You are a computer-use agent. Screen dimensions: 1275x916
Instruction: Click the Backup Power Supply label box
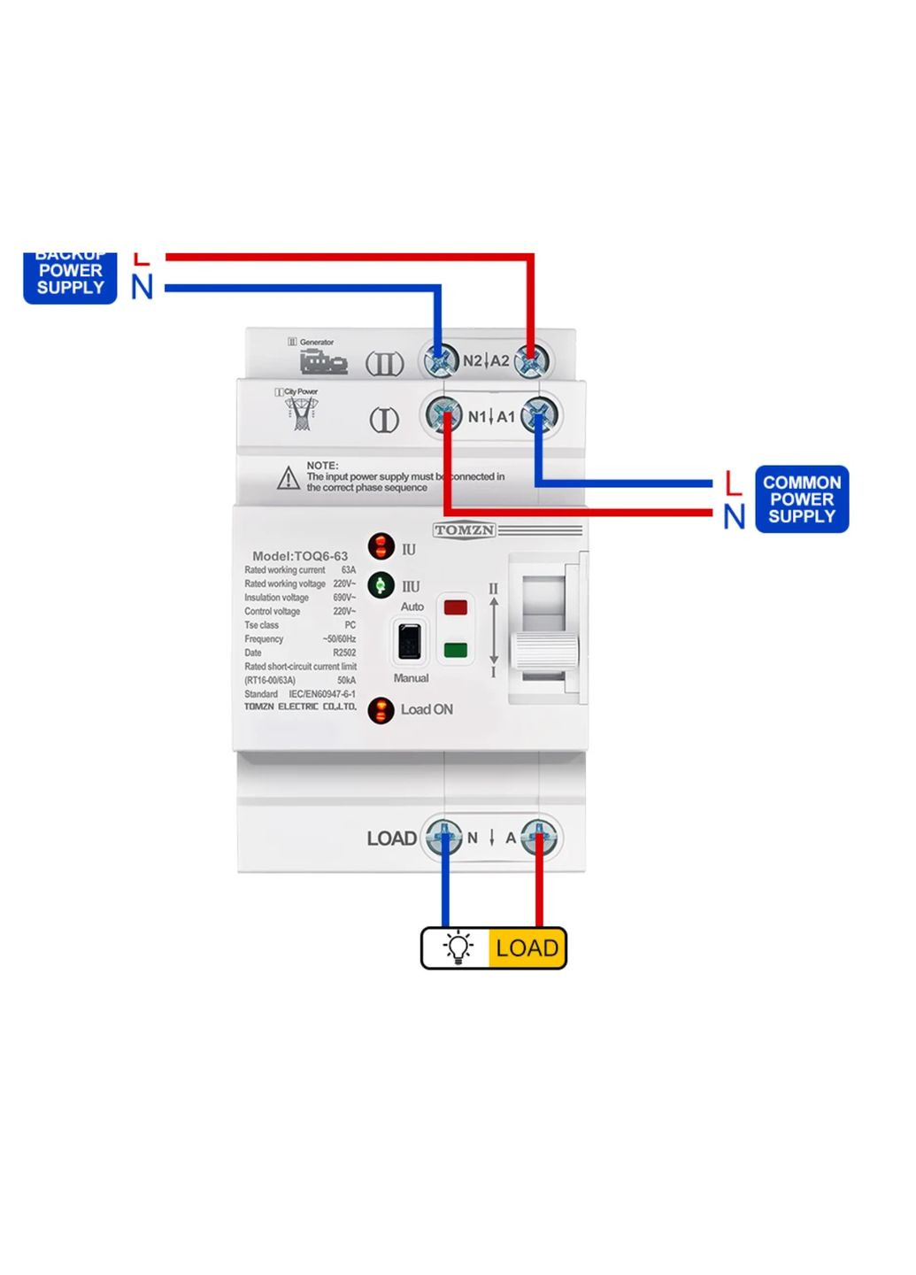(x=70, y=278)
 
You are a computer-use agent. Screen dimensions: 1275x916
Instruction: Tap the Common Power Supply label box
(x=801, y=499)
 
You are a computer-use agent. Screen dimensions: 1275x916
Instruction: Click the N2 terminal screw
(x=440, y=360)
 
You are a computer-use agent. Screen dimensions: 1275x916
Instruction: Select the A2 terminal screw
(x=531, y=360)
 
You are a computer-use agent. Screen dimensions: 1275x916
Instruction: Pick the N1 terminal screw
(x=444, y=414)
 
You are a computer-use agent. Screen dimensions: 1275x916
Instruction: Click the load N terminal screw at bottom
(x=443, y=837)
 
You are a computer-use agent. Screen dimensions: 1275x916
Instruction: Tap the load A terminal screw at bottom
(x=539, y=837)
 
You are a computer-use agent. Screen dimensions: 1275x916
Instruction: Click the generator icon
(x=323, y=361)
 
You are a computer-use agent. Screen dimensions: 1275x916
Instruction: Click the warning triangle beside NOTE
(x=288, y=479)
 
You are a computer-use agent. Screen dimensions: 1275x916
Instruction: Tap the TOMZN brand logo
(x=464, y=530)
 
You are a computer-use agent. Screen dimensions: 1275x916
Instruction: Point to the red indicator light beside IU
(x=381, y=546)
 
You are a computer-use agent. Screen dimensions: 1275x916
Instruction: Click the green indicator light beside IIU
(x=381, y=585)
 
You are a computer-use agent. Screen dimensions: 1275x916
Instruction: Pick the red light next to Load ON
(x=381, y=710)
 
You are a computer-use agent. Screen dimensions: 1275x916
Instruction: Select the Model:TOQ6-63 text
(x=300, y=556)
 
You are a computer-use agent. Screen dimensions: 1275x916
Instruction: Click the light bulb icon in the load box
(x=458, y=947)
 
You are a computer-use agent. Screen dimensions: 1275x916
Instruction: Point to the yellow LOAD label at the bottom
(x=527, y=948)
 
